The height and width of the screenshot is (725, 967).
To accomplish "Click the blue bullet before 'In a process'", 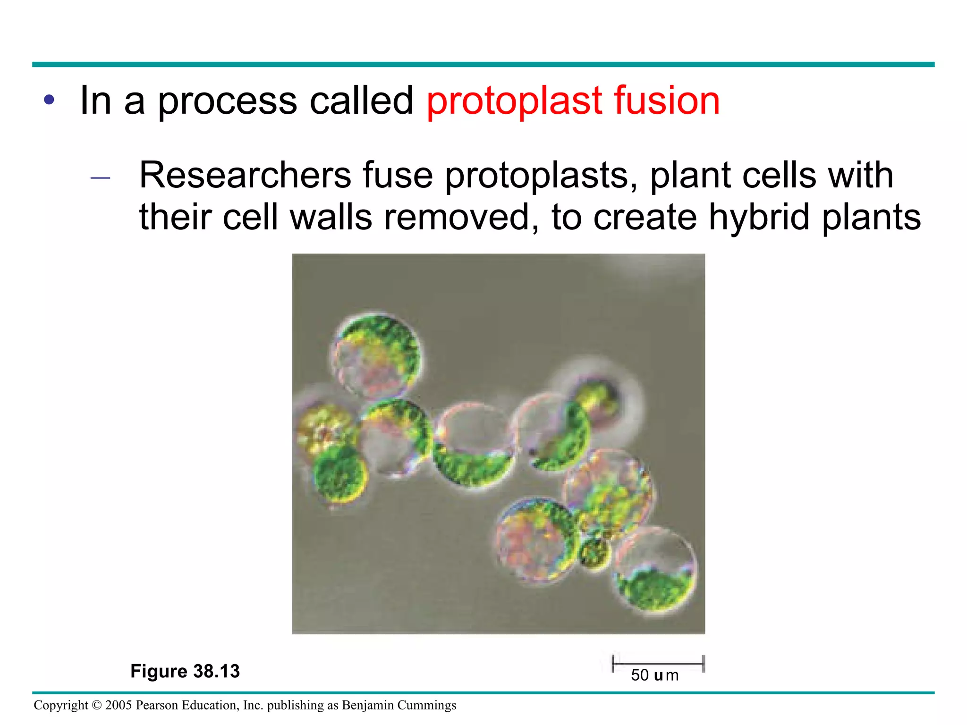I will tap(49, 100).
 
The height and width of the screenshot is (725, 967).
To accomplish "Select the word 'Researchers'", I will tap(245, 175).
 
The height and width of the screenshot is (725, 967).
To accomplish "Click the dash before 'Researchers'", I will tap(100, 178).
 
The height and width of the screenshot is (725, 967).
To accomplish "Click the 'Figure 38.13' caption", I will tap(185, 671).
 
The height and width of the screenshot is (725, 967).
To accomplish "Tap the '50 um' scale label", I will tap(655, 675).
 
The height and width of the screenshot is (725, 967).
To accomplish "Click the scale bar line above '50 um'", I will tap(658, 663).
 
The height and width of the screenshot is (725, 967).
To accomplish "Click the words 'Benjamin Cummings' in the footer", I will tap(399, 705).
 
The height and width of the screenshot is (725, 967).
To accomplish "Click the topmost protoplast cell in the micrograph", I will tap(376, 356).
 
